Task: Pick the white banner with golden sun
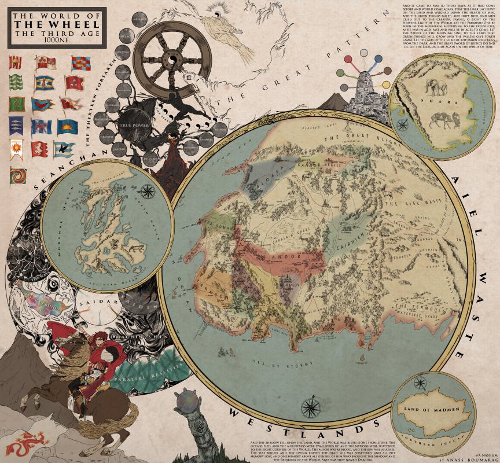tap(17, 149)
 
